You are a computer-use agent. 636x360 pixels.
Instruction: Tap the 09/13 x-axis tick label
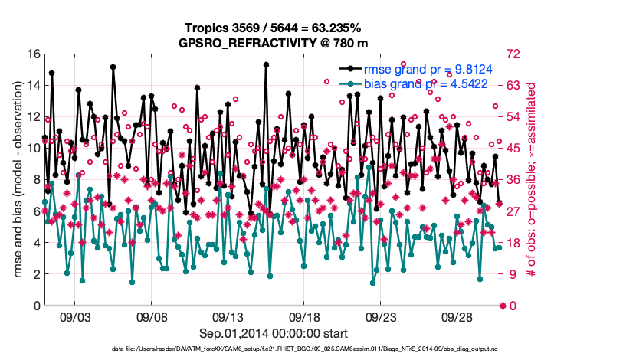pyautogui.click(x=228, y=317)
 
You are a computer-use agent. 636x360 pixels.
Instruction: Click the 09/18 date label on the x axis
pyautogui.click(x=305, y=317)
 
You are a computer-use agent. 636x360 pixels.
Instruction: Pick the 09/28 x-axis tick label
pyautogui.click(x=457, y=317)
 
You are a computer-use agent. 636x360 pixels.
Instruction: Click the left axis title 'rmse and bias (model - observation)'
pyautogui.click(x=15, y=180)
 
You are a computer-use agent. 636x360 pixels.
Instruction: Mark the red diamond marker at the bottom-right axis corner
pyautogui.click(x=503, y=306)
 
